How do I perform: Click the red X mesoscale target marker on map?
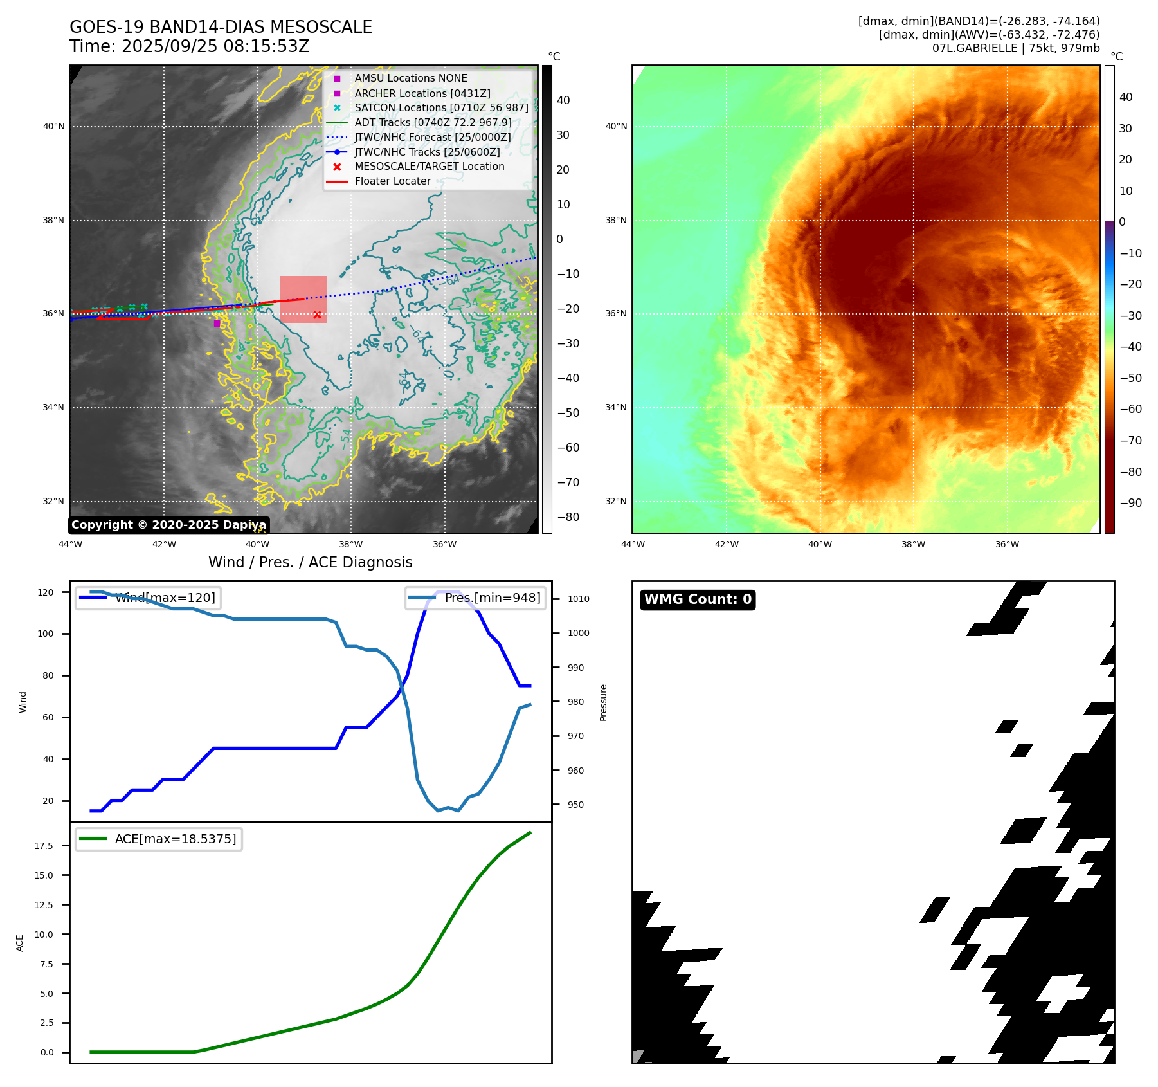317,315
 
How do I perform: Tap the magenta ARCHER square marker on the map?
217,323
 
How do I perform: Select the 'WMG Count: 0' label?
698,599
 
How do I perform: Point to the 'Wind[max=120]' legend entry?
165,598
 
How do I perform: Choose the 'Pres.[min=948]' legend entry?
492,598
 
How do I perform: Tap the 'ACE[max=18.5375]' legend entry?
175,839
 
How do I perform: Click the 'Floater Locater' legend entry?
392,181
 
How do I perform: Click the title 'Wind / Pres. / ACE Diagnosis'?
311,562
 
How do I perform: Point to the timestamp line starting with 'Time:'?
190,46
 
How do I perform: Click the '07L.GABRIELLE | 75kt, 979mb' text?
1016,48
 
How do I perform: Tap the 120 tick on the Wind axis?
46,592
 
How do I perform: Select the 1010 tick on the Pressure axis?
578,599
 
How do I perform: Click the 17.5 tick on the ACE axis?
44,846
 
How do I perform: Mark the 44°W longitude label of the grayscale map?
70,544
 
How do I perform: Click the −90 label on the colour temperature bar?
1130,503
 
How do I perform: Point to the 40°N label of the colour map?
616,126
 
